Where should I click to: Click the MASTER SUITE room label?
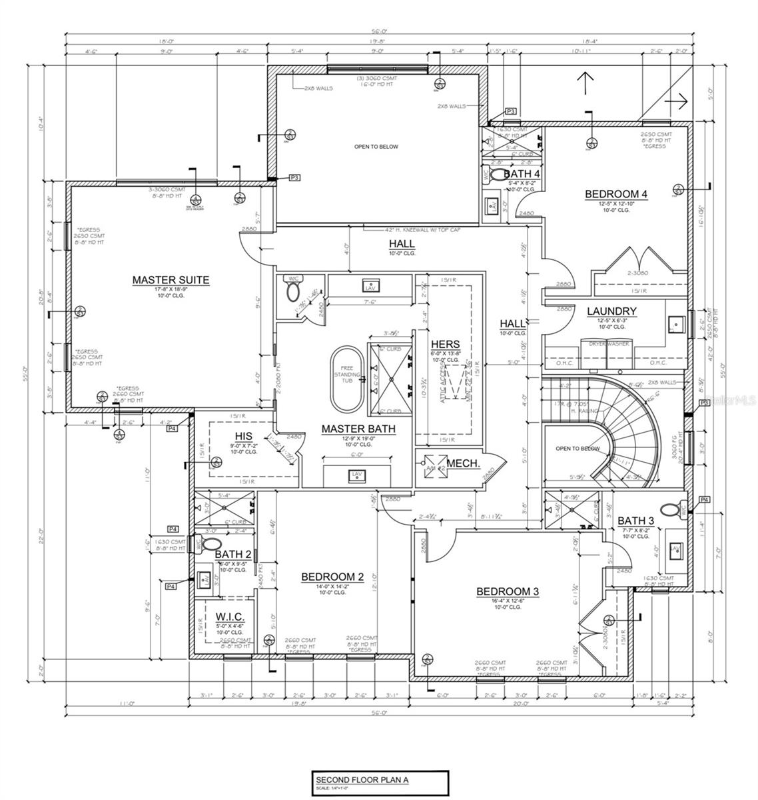pos(171,280)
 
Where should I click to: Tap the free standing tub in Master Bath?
pos(346,377)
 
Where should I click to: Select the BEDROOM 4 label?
pos(615,194)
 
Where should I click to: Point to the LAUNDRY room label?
pos(611,311)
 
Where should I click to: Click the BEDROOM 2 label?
pos(332,577)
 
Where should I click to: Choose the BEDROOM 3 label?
pos(507,591)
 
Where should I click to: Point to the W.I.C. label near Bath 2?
pos(230,617)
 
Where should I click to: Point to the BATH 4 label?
pos(521,174)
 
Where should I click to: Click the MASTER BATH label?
pos(358,429)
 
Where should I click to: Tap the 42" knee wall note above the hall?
pos(412,229)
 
